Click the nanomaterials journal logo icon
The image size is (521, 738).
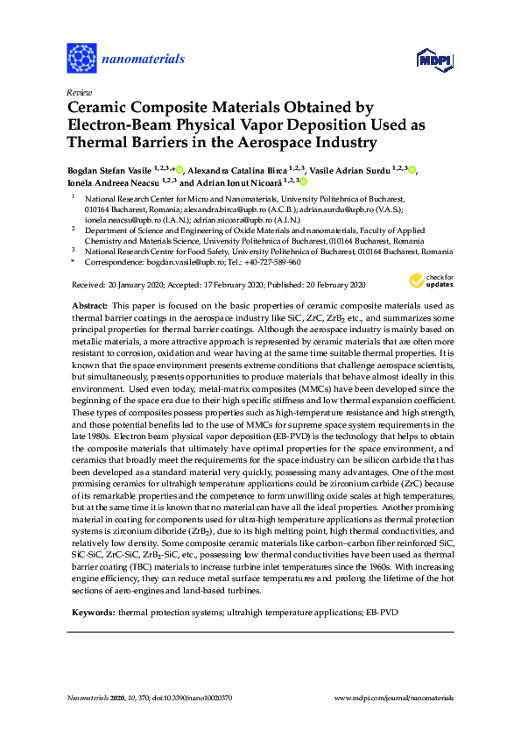tap(81, 59)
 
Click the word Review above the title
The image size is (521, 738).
tap(79, 92)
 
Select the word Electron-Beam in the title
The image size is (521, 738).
tap(119, 124)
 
